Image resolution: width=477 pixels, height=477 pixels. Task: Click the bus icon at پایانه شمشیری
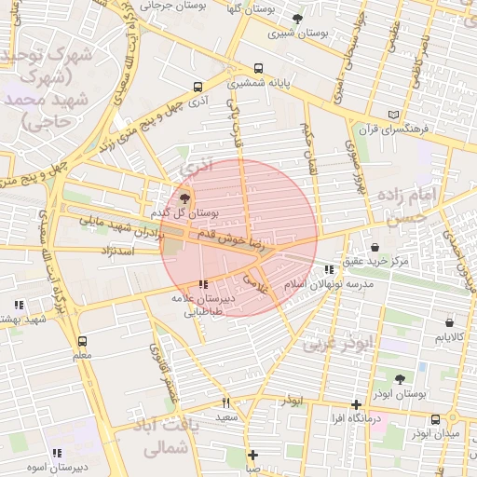[x=257, y=68]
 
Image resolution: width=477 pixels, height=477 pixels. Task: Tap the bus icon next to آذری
[x=198, y=87]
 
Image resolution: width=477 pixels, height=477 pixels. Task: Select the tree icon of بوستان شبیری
[x=297, y=19]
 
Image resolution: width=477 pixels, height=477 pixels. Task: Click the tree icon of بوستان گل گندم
[x=184, y=198]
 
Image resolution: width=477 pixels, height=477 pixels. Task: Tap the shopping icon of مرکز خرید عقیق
[x=375, y=248]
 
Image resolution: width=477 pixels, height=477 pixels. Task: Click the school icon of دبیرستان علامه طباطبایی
[x=204, y=284]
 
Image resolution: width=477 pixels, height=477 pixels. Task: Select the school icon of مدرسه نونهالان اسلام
[x=328, y=269]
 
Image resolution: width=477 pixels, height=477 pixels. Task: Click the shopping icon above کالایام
[x=449, y=322]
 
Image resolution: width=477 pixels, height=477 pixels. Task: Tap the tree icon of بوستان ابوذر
[x=401, y=379]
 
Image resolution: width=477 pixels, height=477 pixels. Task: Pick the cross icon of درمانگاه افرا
[x=356, y=404]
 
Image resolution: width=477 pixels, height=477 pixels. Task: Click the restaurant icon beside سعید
[x=225, y=403]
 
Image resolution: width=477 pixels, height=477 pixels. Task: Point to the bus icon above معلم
[x=82, y=341]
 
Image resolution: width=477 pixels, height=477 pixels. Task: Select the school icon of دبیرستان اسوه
[x=58, y=453]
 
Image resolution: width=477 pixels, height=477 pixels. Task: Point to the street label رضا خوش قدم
[x=243, y=245]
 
